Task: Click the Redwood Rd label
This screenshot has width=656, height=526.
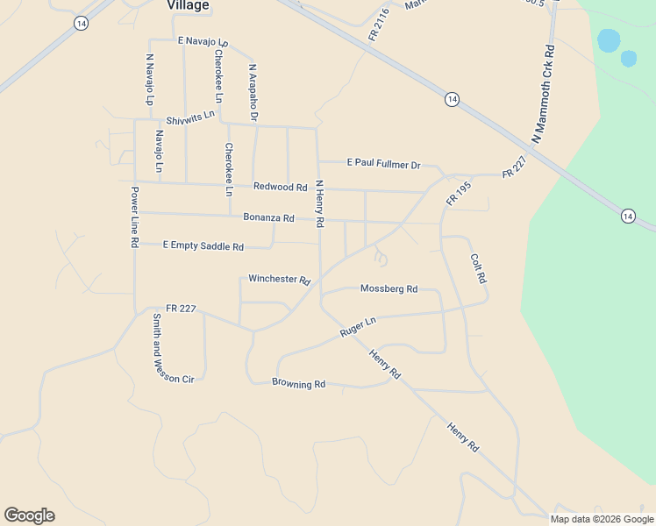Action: [280, 187]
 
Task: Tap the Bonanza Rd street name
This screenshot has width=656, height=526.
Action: [268, 217]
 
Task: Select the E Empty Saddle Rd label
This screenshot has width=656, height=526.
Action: [203, 246]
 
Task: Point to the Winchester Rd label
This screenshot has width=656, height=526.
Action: [280, 280]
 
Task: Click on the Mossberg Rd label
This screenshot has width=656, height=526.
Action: [389, 288]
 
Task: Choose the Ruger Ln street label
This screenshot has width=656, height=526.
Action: [358, 327]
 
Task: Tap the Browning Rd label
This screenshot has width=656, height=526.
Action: [298, 384]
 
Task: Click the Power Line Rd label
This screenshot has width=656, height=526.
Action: [135, 217]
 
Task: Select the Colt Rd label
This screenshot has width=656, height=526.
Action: [478, 268]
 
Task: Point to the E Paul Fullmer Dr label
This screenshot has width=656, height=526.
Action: [384, 164]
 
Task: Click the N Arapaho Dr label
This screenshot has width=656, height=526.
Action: [253, 91]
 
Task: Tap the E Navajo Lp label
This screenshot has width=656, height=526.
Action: [203, 41]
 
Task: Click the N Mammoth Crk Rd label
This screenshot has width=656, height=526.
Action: [544, 95]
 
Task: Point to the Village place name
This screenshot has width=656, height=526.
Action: [188, 5]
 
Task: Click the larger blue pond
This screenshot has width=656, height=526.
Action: [608, 40]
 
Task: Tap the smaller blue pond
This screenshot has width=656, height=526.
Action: [629, 59]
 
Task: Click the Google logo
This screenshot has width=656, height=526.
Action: [29, 515]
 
